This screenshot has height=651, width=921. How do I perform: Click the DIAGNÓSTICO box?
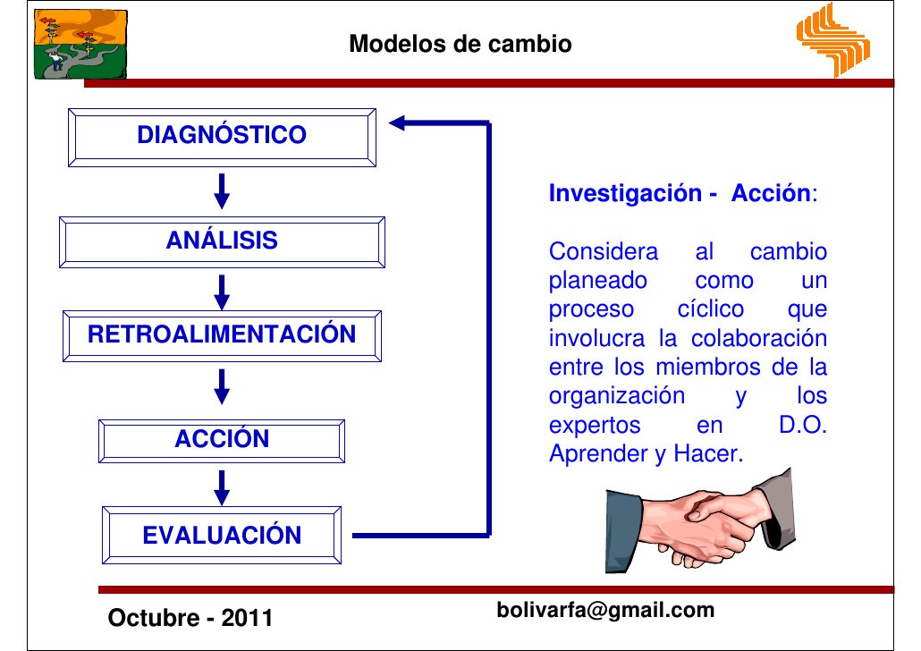222,136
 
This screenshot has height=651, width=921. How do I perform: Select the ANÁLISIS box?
222,241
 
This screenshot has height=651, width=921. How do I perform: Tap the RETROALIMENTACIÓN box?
222,336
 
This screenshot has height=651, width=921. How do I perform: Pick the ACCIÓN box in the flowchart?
222,439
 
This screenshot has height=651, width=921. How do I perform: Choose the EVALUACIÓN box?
222,536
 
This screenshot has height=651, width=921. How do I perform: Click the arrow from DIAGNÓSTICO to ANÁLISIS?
223,190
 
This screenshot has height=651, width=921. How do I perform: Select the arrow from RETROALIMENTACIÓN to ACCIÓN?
223,387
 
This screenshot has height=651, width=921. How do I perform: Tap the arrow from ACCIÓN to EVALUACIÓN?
223,486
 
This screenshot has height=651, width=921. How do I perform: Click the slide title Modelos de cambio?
460,43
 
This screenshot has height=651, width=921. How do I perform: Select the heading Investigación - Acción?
682,194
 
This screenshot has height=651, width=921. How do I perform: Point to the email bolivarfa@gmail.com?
605,611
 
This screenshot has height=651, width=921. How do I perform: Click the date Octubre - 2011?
190,618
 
